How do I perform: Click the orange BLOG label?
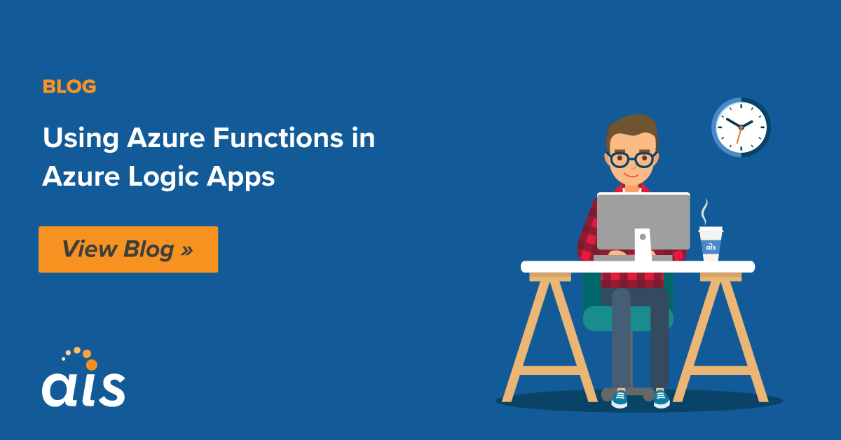[69, 86]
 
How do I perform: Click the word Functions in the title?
[278, 138]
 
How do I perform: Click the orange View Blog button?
[128, 249]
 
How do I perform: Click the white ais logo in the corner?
[83, 390]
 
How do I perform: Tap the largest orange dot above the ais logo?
[92, 364]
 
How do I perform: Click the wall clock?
[741, 128]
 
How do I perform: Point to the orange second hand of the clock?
[739, 135]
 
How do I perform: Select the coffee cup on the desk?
[711, 244]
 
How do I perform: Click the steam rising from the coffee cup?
[705, 212]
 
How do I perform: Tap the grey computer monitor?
[643, 221]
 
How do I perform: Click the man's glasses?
[631, 159]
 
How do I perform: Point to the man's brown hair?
[632, 128]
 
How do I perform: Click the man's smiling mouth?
[631, 175]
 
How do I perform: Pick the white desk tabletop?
[638, 267]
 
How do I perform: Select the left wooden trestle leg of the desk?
[549, 338]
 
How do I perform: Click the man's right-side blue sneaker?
[662, 399]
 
